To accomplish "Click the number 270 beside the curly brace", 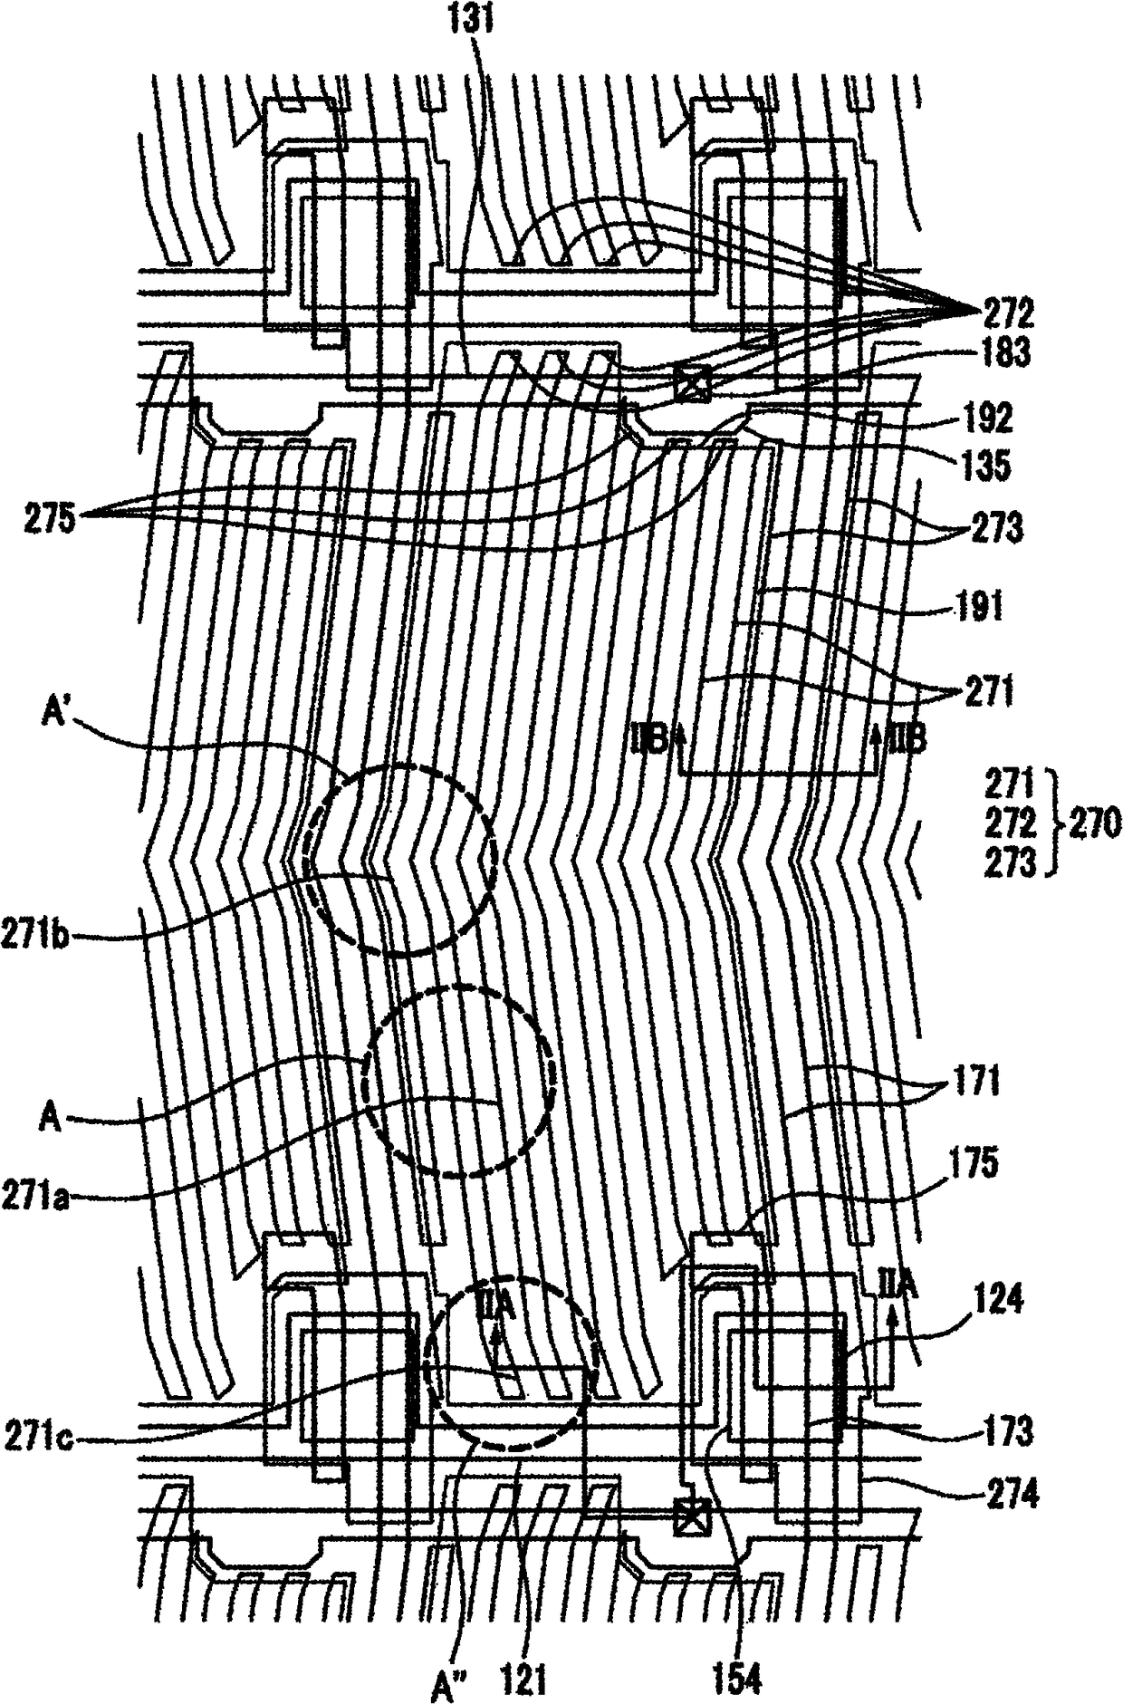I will (x=1097, y=824).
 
